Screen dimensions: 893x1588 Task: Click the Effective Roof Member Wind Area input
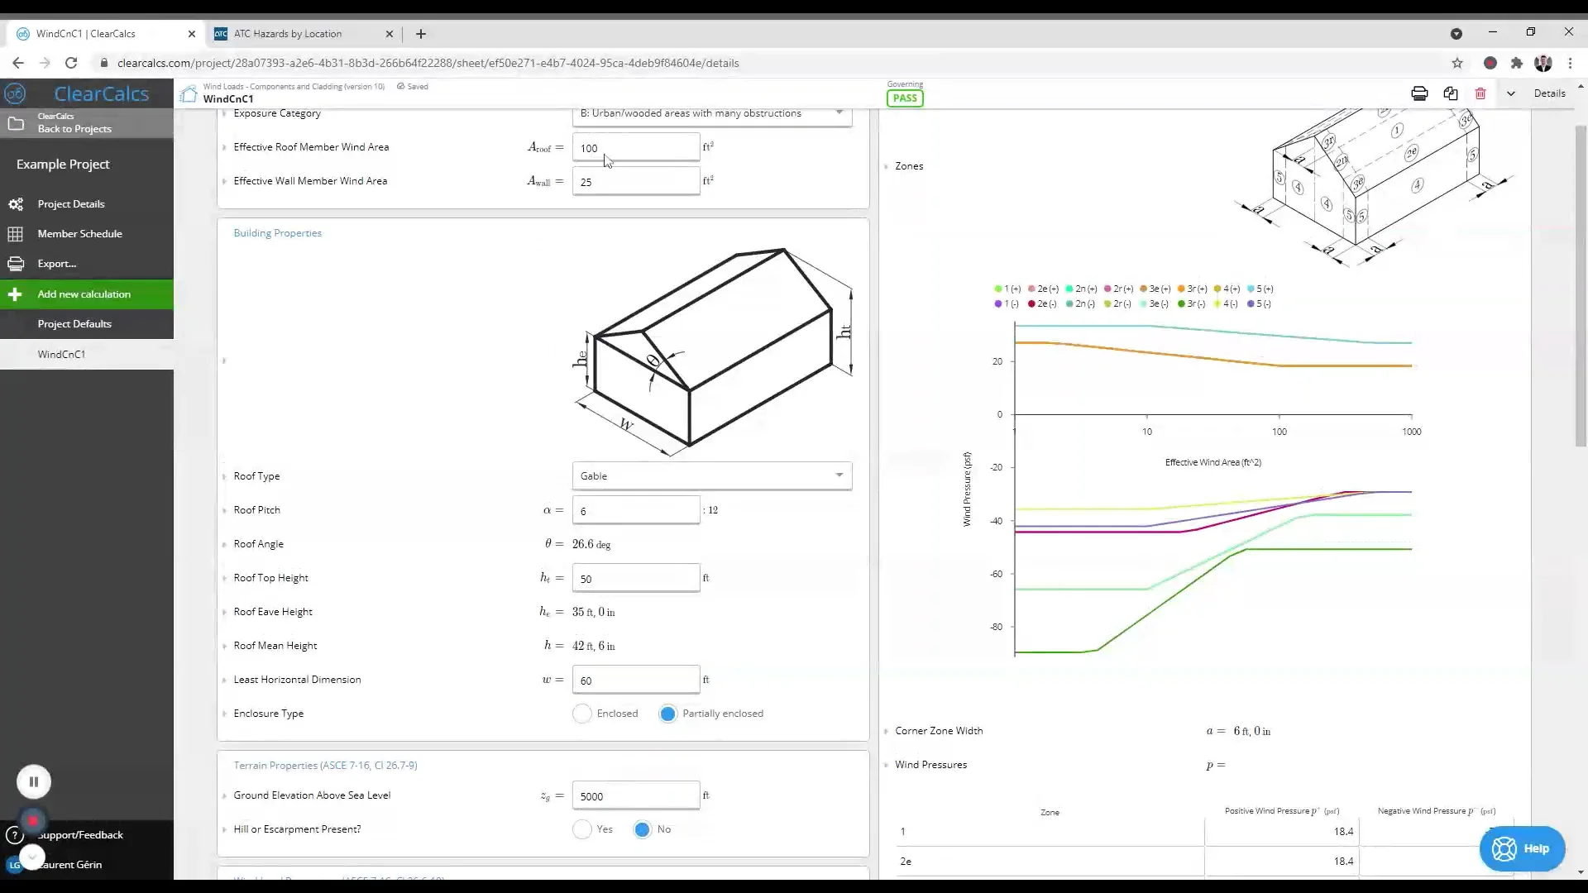point(635,148)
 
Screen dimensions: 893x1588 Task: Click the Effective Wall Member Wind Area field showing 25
point(635,182)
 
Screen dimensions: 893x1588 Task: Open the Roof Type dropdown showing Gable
point(711,475)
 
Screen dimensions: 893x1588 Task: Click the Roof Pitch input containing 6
point(635,511)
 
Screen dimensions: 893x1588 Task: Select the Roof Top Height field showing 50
point(635,579)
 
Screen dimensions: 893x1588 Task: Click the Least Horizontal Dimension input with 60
point(635,680)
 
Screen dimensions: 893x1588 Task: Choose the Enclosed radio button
point(582,714)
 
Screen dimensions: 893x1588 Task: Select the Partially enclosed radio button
point(668,714)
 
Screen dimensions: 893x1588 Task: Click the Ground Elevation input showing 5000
point(635,796)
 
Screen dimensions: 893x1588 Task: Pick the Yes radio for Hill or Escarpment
point(582,829)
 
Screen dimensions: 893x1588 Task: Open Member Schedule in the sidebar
point(79,234)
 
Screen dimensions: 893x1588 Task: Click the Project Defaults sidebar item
point(74,324)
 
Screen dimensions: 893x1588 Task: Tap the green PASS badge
point(905,98)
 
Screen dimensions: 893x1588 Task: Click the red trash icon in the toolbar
point(1480,93)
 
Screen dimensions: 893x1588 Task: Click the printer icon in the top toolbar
point(1419,93)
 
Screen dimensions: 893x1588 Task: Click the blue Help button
point(1522,848)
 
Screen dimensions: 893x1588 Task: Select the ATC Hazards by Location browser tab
point(288,34)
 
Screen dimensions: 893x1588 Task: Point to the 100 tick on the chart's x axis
point(1279,431)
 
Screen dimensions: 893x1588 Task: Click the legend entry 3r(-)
point(1192,304)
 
